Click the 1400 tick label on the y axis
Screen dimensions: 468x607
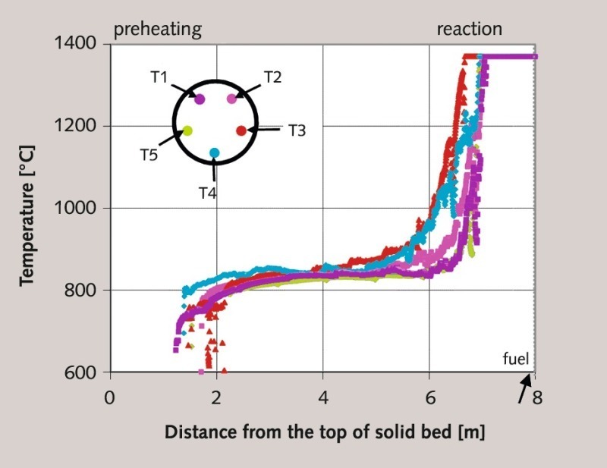tap(75, 44)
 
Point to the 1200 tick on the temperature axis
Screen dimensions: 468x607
tap(75, 126)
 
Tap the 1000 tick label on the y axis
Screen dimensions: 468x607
tap(75, 208)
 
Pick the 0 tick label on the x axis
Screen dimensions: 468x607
tap(111, 396)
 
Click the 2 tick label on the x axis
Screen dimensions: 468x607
tap(217, 396)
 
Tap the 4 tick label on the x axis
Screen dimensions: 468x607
tap(323, 396)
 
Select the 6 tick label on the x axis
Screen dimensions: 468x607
tap(429, 396)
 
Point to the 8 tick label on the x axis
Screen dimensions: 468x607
tap(536, 396)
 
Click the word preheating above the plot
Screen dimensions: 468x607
tap(157, 30)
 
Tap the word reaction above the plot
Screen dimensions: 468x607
tap(469, 30)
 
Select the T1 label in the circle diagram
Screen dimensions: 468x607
tap(159, 77)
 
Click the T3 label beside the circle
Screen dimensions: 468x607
tap(297, 131)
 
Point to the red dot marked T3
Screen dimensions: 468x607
tap(241, 130)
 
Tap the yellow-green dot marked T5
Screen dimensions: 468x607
tap(187, 130)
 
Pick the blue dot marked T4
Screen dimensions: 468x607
tap(215, 153)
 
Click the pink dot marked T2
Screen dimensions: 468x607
tap(231, 99)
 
